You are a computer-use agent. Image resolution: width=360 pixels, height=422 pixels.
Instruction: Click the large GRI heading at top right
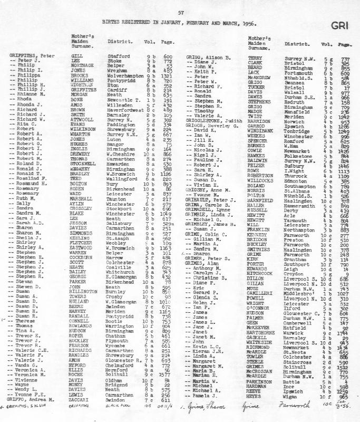[x=339, y=24]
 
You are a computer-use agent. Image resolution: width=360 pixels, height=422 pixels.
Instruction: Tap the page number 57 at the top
[x=180, y=12]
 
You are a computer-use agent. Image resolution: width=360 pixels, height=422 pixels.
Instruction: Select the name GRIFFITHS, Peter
[x=29, y=55]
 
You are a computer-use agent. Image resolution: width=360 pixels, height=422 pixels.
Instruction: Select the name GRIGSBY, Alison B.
[x=209, y=55]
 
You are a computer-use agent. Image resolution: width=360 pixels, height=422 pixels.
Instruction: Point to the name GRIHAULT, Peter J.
[x=208, y=200]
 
